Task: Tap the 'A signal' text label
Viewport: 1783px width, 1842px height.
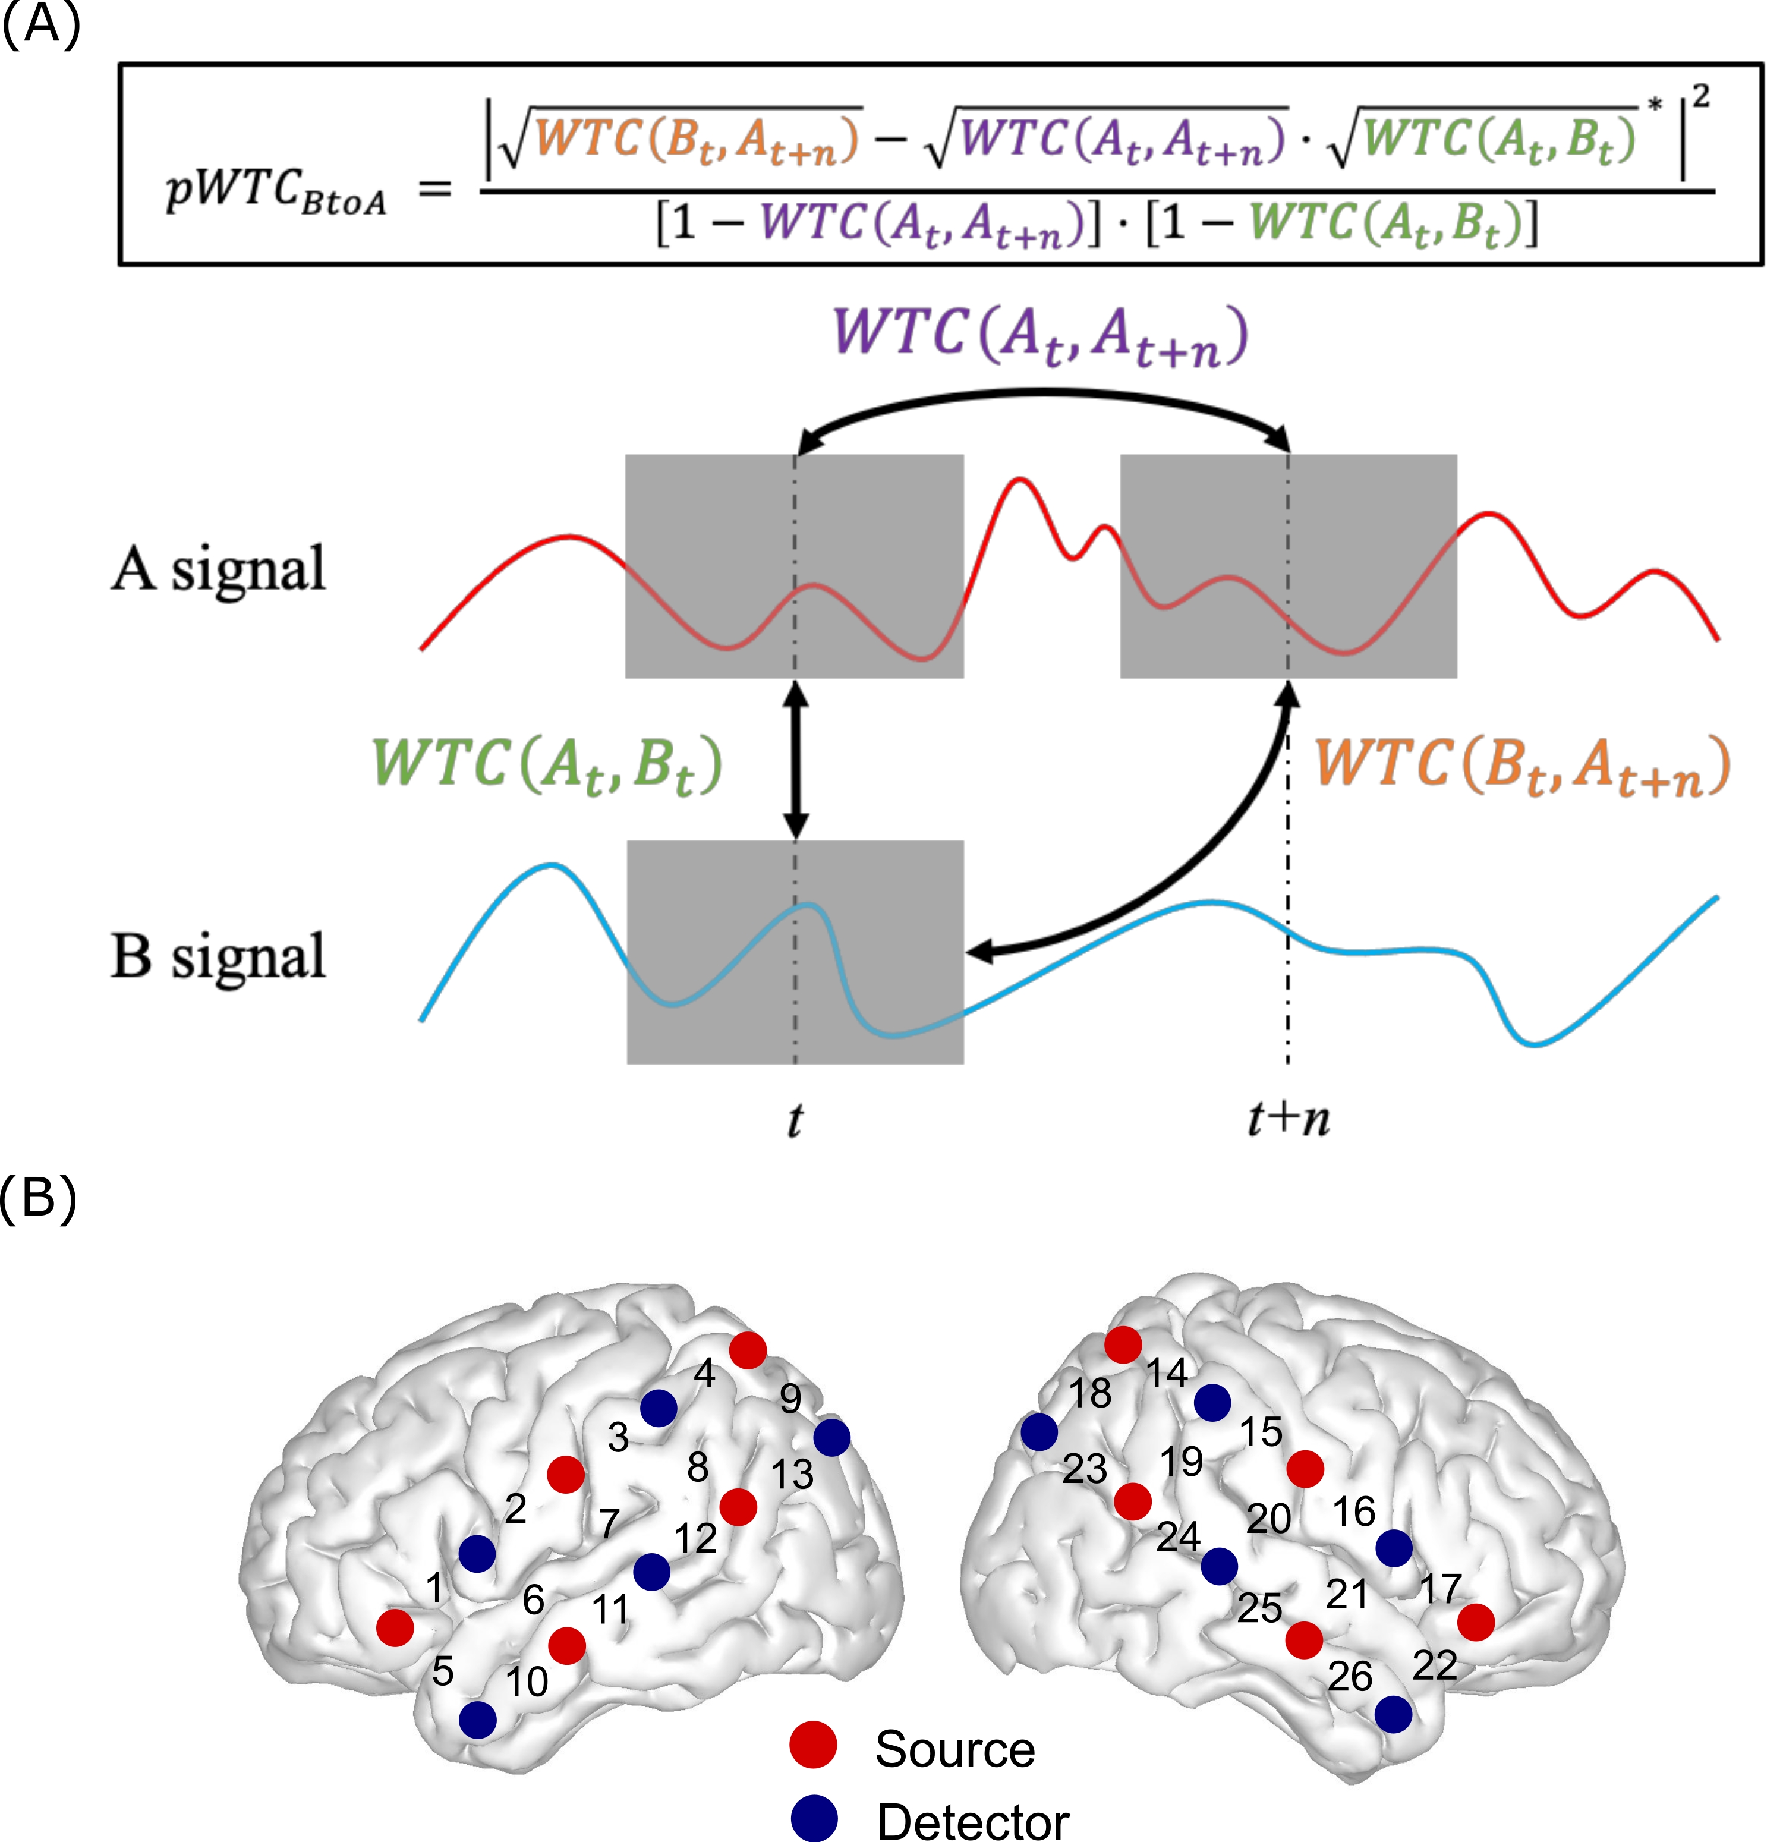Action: [x=219, y=569]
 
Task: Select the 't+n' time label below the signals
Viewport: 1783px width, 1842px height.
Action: [x=1289, y=1119]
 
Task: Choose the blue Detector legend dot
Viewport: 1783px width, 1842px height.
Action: [x=814, y=1818]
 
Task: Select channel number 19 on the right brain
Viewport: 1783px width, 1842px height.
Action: [x=1182, y=1462]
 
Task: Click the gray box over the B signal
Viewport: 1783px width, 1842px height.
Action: [x=795, y=952]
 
